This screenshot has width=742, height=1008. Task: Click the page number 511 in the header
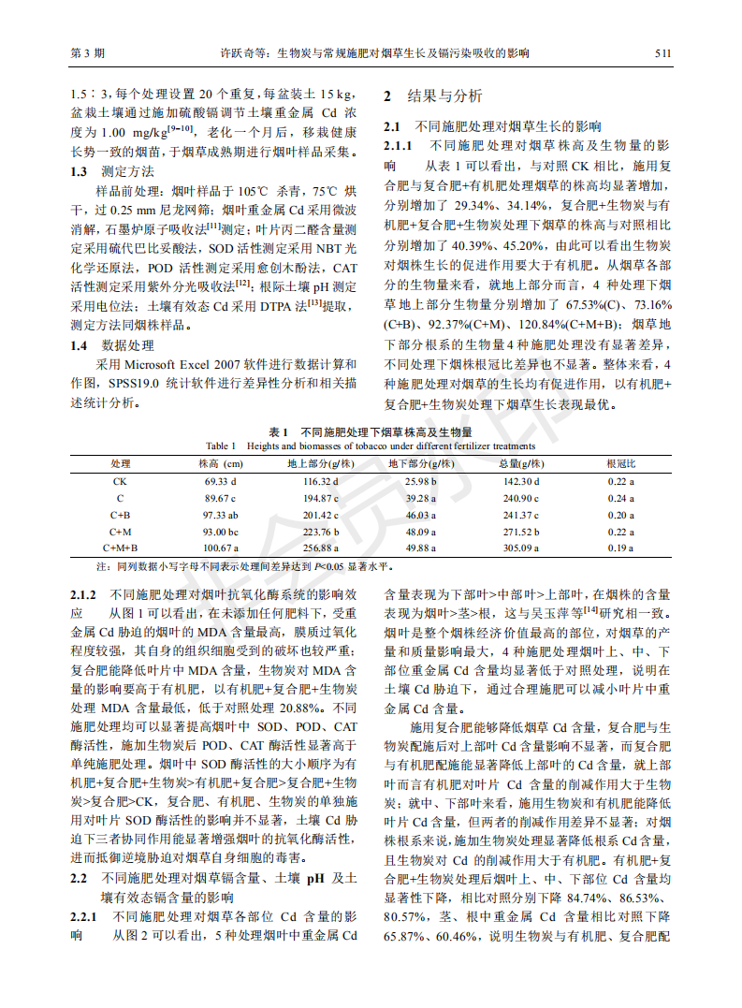[x=662, y=53]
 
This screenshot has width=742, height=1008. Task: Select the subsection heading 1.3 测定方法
[x=107, y=171]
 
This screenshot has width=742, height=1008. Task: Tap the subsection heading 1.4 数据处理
[x=107, y=345]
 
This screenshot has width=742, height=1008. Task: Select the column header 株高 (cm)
[x=221, y=463]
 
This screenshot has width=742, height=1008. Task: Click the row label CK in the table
[x=120, y=481]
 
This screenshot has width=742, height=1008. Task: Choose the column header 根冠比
[x=620, y=463]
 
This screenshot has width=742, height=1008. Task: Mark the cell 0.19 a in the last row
[x=620, y=548]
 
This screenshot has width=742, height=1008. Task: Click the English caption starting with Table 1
[x=371, y=446]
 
